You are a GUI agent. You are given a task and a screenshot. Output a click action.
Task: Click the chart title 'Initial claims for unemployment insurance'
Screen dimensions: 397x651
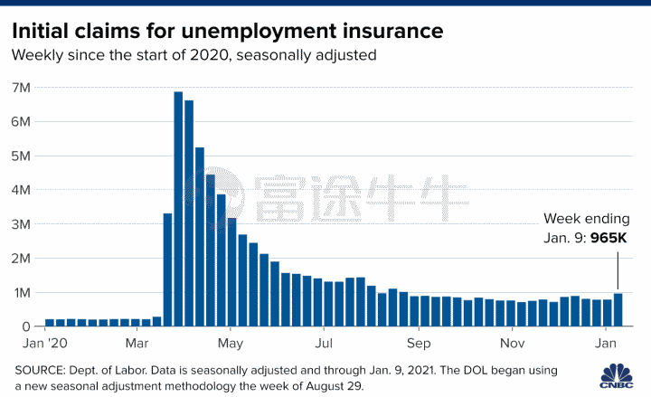(227, 30)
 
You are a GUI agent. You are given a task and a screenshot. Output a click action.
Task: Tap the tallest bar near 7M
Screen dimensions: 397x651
(178, 208)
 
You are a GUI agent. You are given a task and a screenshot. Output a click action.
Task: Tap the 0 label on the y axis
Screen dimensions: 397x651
(26, 326)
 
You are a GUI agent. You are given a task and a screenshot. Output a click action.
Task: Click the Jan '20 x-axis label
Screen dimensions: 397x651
(44, 344)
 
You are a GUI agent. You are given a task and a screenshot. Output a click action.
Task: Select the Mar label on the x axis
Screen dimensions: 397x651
(138, 344)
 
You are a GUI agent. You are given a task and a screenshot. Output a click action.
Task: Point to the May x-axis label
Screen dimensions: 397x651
(231, 344)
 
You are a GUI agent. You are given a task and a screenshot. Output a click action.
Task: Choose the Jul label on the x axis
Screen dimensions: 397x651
(324, 344)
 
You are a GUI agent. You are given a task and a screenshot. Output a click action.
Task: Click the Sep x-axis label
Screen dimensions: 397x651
(418, 344)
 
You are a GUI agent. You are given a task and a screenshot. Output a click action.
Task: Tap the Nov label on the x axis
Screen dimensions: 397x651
(512, 344)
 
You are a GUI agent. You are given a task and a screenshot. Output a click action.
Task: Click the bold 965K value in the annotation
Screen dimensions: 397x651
(609, 238)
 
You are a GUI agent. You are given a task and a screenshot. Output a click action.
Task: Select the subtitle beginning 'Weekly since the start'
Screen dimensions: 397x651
(193, 55)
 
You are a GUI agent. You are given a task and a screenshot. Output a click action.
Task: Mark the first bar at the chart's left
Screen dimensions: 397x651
(50, 322)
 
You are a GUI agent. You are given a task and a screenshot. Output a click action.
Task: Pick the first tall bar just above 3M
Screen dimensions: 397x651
(167, 269)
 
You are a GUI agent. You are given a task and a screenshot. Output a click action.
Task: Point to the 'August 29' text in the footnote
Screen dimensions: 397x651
(335, 385)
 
